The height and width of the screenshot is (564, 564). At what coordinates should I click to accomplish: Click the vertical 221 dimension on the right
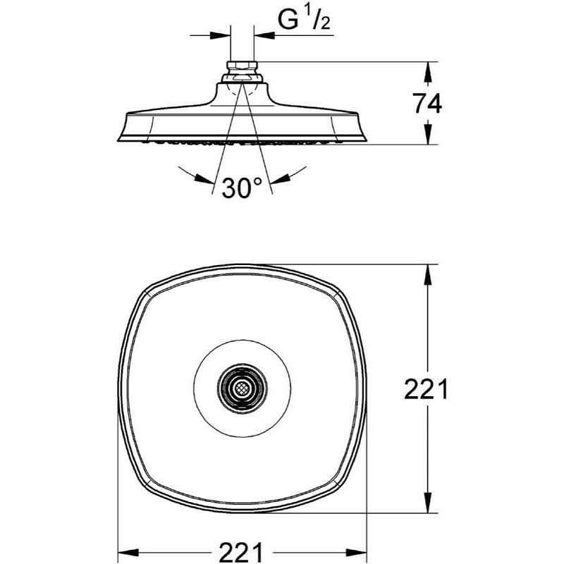point(425,388)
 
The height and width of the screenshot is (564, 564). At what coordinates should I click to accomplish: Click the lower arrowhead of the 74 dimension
point(428,137)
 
